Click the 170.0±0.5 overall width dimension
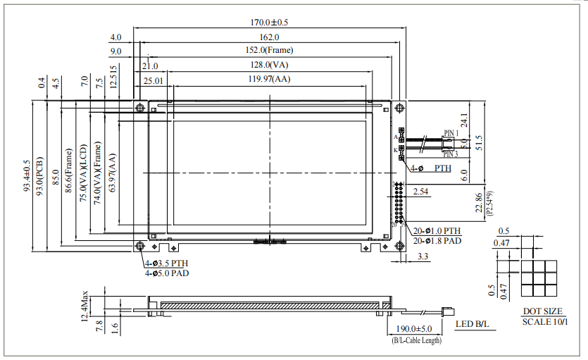tap(268, 23)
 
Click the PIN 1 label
tap(451, 133)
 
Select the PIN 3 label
tap(451, 154)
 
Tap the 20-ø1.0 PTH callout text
tap(437, 230)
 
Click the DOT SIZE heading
tap(542, 311)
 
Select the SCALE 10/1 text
tap(542, 322)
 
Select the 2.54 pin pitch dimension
tap(421, 192)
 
